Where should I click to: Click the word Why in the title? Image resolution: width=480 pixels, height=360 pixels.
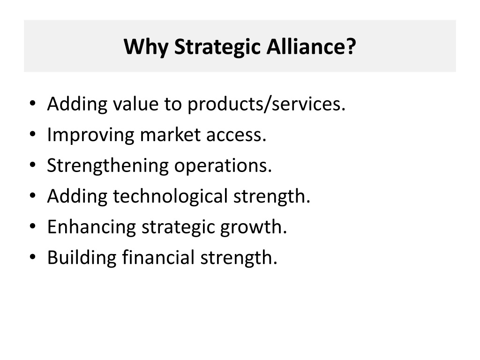[x=146, y=47]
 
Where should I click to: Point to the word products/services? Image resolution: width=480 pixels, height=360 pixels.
[x=266, y=105]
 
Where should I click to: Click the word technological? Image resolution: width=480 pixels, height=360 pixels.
[x=171, y=196]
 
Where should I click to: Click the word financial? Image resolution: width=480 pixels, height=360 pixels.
[x=158, y=257]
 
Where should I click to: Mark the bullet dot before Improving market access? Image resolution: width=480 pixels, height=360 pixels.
[x=32, y=135]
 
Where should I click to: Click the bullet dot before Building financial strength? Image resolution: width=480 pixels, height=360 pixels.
[x=32, y=257]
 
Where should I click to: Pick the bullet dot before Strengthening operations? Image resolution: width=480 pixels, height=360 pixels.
[x=32, y=165]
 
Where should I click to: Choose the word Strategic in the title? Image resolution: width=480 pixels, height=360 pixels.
[x=217, y=47]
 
